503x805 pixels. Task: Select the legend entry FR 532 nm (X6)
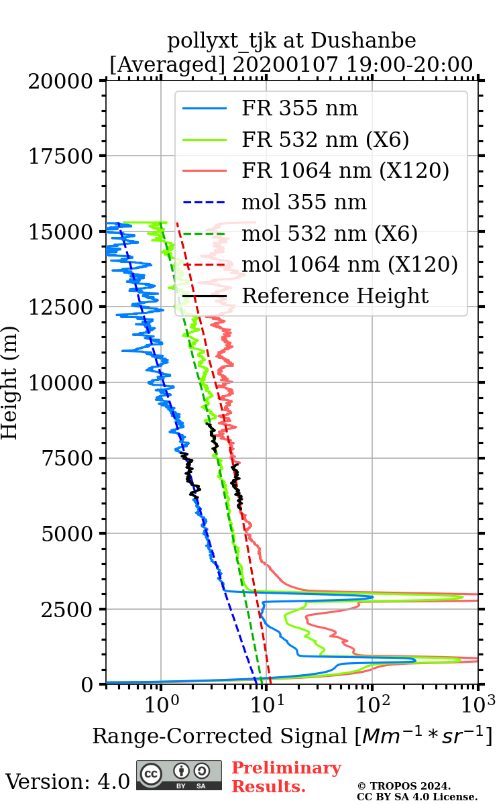(x=325, y=140)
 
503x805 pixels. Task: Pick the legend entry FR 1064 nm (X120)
(x=345, y=171)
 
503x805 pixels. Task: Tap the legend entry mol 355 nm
(x=304, y=202)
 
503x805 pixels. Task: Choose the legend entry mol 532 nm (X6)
(x=329, y=233)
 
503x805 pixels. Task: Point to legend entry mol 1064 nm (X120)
(x=349, y=264)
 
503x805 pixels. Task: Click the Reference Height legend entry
(x=335, y=296)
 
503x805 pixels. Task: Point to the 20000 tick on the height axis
(x=62, y=81)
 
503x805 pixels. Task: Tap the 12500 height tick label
(x=62, y=307)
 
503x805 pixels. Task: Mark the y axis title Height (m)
(x=9, y=382)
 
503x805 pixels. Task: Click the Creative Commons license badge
(x=179, y=775)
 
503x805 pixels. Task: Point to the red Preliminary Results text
(x=286, y=777)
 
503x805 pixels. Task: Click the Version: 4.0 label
(x=67, y=781)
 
